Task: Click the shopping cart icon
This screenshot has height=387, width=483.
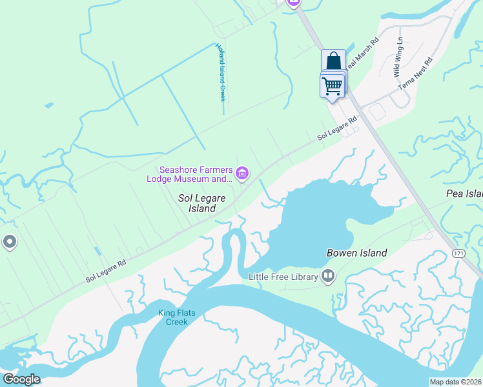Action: pyautogui.click(x=333, y=84)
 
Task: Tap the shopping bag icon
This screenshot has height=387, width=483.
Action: pyautogui.click(x=333, y=61)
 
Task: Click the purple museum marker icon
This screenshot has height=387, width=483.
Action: pyautogui.click(x=242, y=172)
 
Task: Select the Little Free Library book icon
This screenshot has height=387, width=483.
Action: pyautogui.click(x=328, y=277)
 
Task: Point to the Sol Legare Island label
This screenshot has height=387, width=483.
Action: pyautogui.click(x=197, y=204)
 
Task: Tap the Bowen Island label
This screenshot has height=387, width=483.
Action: pyautogui.click(x=356, y=253)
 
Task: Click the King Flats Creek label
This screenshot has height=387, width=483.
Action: pyautogui.click(x=177, y=317)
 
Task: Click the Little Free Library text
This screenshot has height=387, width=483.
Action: pyautogui.click(x=283, y=277)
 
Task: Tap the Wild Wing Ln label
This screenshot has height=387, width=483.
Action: pyautogui.click(x=399, y=57)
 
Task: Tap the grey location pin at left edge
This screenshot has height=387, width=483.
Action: pyautogui.click(x=9, y=242)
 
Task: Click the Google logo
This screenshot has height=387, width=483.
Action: pyautogui.click(x=21, y=379)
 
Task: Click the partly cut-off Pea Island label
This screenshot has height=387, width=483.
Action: pyautogui.click(x=464, y=193)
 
